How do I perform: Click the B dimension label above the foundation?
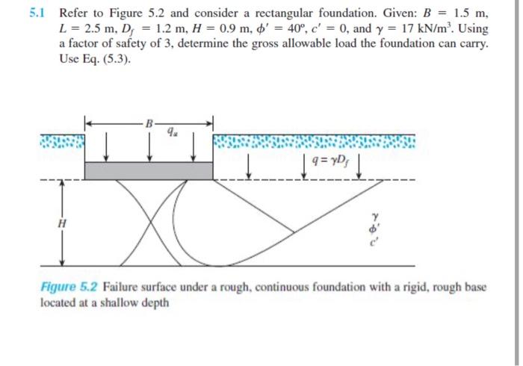tap(149, 122)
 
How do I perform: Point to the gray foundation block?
tap(149, 170)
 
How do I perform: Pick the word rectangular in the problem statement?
tap(261, 13)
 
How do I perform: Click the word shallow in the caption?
tap(117, 303)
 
